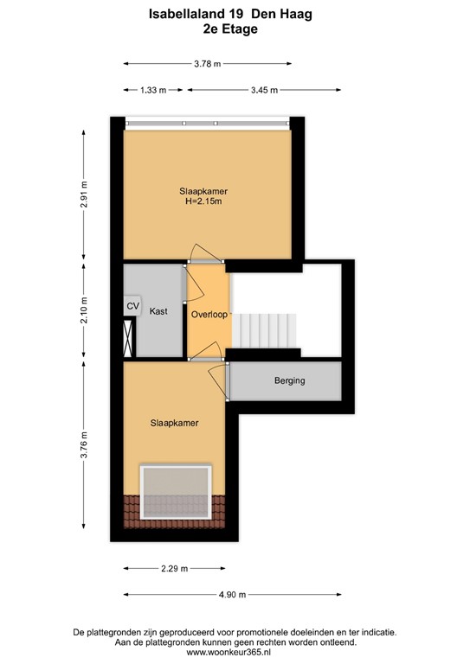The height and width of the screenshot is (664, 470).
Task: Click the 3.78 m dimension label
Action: point(207,63)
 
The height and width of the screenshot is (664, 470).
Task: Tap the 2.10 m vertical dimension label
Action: point(84,310)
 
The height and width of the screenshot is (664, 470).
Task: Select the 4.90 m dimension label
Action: point(231,594)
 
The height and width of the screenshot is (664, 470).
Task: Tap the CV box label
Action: point(132,306)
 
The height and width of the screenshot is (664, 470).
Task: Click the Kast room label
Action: point(158,311)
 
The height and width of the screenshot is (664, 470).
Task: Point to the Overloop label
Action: point(209,315)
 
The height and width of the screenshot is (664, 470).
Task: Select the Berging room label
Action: point(290,380)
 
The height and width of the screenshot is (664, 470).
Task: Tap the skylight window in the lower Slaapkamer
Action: point(177,493)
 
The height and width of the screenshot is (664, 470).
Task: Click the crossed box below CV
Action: point(130,336)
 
